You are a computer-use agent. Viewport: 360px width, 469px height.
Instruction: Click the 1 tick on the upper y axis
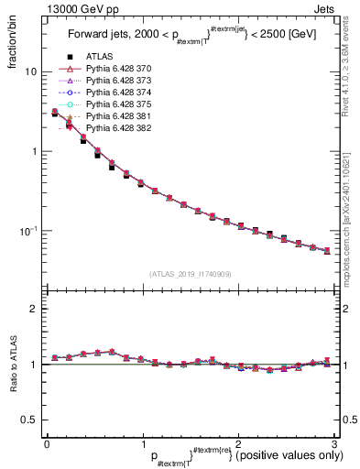37,151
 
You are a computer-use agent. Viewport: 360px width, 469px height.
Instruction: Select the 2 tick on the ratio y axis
37,309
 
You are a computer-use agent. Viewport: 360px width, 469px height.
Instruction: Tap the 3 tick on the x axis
334,444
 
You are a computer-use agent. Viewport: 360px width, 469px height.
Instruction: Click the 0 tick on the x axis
47,444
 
